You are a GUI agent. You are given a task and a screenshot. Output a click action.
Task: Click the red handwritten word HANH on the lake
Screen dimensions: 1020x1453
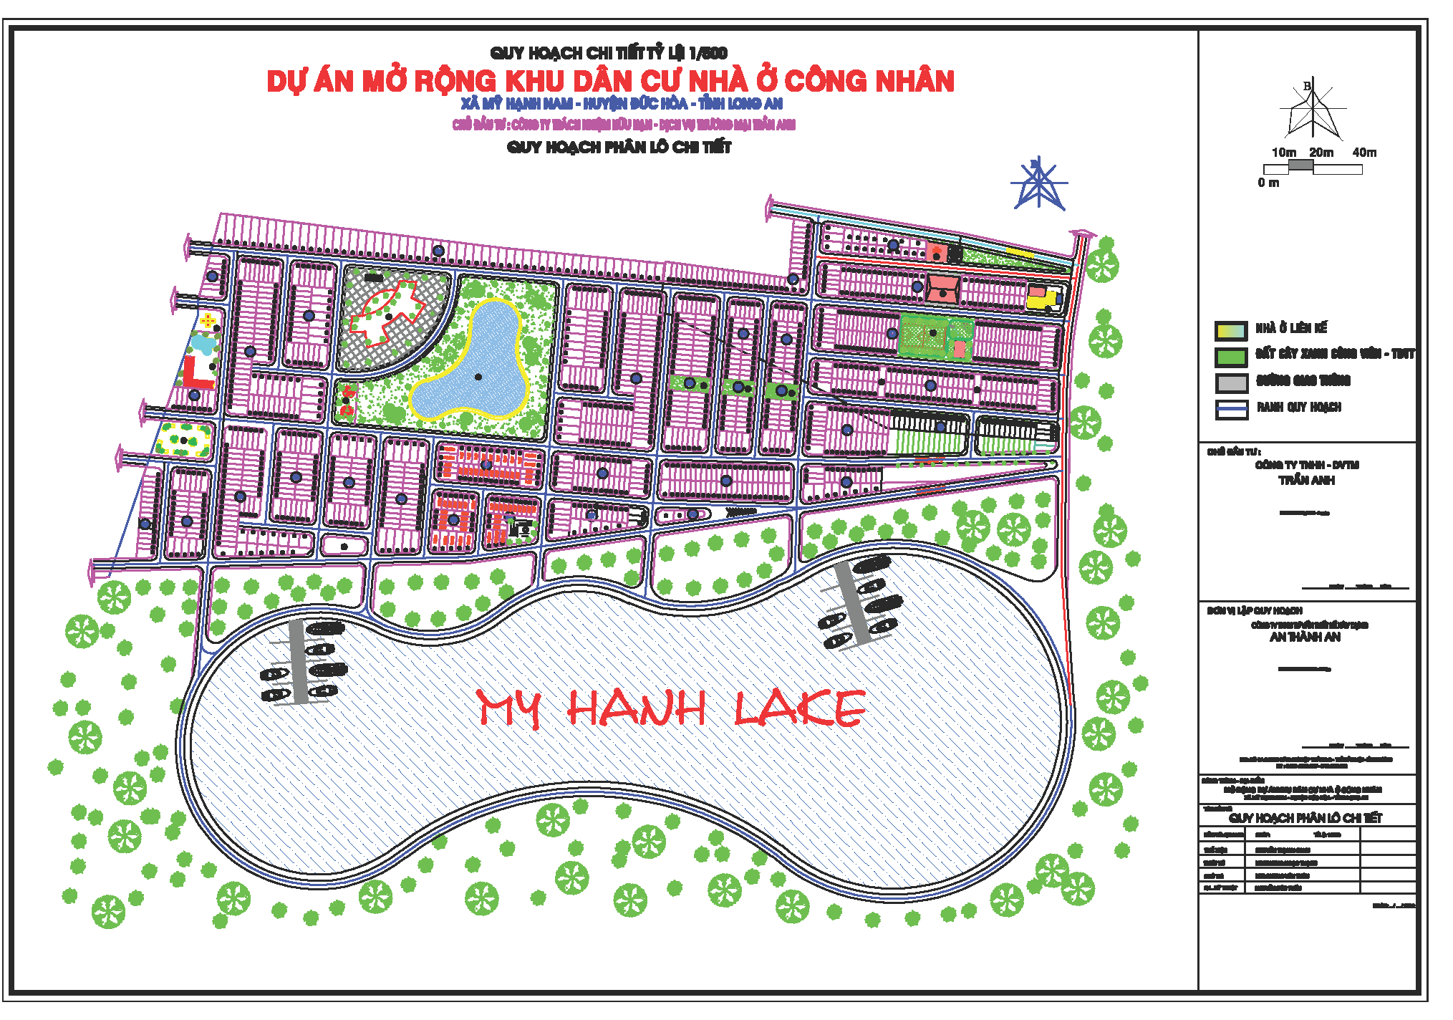[x=637, y=708]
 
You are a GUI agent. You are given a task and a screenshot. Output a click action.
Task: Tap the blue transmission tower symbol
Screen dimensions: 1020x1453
[x=1038, y=184]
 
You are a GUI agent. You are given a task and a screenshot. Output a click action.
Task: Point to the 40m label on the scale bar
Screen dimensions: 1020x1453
[x=1364, y=153]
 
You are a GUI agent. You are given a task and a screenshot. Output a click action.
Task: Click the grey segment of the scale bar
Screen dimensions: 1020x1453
[x=1300, y=166]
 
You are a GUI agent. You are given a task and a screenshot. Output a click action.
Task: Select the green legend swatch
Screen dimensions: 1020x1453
[x=1231, y=356]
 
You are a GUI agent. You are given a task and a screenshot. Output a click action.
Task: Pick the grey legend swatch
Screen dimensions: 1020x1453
[x=1231, y=382]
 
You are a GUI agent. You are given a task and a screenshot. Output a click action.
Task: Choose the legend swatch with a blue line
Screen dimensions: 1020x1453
[x=1231, y=409]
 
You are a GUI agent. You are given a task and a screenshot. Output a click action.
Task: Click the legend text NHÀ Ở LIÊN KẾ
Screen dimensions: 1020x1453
[x=1290, y=328]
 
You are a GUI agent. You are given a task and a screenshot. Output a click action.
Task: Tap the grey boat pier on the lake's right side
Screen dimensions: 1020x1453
[x=852, y=604]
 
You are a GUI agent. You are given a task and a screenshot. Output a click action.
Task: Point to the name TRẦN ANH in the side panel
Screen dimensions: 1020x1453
[x=1306, y=481]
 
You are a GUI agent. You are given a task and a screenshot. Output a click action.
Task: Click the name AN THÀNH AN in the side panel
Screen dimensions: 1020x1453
[x=1305, y=637]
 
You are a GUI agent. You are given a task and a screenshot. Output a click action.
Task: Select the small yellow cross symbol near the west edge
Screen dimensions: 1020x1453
[x=208, y=320]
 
